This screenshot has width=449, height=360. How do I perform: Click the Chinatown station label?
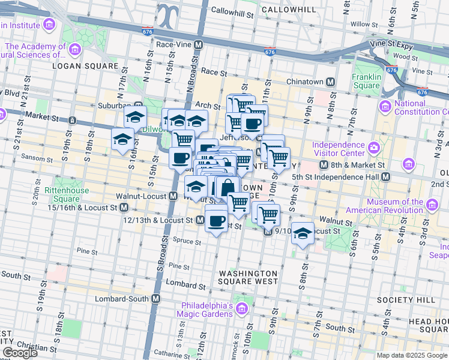point(305,82)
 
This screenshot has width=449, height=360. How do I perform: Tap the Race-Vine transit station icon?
point(197,45)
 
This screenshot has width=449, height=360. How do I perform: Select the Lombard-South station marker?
point(156,298)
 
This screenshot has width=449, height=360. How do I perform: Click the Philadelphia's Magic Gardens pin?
point(242,309)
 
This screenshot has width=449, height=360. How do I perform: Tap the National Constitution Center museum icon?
point(385,106)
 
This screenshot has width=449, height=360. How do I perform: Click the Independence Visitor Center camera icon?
point(374,147)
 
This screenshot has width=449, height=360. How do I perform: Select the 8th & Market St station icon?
point(324,165)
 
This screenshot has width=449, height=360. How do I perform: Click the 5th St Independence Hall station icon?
point(386,176)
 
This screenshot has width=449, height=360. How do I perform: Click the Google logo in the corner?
point(20,353)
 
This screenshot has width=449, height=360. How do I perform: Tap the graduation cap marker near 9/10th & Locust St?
point(303,233)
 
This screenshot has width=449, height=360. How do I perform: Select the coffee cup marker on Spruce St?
point(216,220)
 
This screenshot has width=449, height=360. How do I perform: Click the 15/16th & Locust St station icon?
point(124,207)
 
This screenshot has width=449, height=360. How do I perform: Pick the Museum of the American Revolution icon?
point(432,208)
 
